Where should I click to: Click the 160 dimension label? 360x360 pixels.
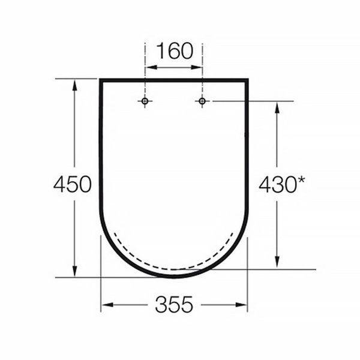[175, 51]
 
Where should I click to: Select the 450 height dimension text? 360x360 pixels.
[73, 184]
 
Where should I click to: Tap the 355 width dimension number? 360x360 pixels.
[174, 304]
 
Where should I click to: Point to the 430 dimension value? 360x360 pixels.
[277, 184]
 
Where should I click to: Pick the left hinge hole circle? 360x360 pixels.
[145, 101]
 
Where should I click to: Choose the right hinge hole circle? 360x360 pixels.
[202, 101]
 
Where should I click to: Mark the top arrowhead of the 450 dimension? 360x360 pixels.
[74, 85]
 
